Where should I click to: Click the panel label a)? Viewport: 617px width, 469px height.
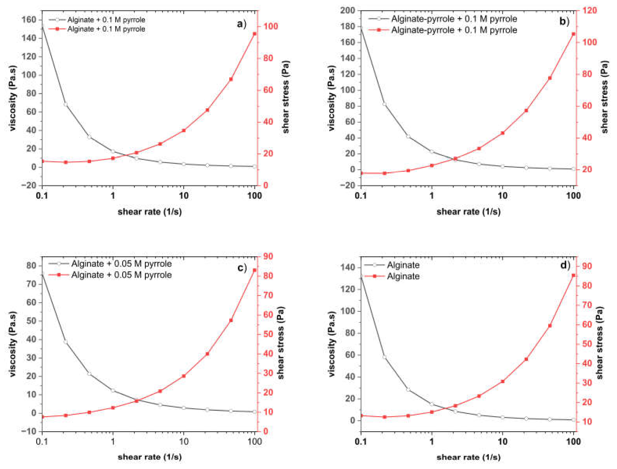[x=241, y=24]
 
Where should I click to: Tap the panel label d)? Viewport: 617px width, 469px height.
[x=565, y=265]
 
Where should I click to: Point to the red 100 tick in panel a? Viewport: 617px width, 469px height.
[x=271, y=27]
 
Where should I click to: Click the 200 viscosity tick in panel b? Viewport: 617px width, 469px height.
[x=347, y=11]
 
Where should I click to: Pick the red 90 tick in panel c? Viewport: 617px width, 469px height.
[x=267, y=256]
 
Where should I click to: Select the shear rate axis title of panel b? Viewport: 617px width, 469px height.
[x=469, y=212]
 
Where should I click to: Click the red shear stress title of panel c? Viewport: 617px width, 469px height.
[x=281, y=343]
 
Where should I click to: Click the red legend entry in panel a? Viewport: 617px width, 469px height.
[x=106, y=29]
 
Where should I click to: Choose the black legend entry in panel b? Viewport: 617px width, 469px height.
[x=454, y=19]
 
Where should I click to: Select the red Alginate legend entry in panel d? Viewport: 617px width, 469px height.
[x=403, y=276]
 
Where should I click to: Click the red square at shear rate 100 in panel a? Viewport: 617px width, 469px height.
[x=254, y=34]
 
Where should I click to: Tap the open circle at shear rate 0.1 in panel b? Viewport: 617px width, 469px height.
[x=361, y=29]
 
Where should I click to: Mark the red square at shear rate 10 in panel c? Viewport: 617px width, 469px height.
[x=184, y=376]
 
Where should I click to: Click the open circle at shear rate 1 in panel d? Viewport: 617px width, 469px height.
[x=432, y=404]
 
